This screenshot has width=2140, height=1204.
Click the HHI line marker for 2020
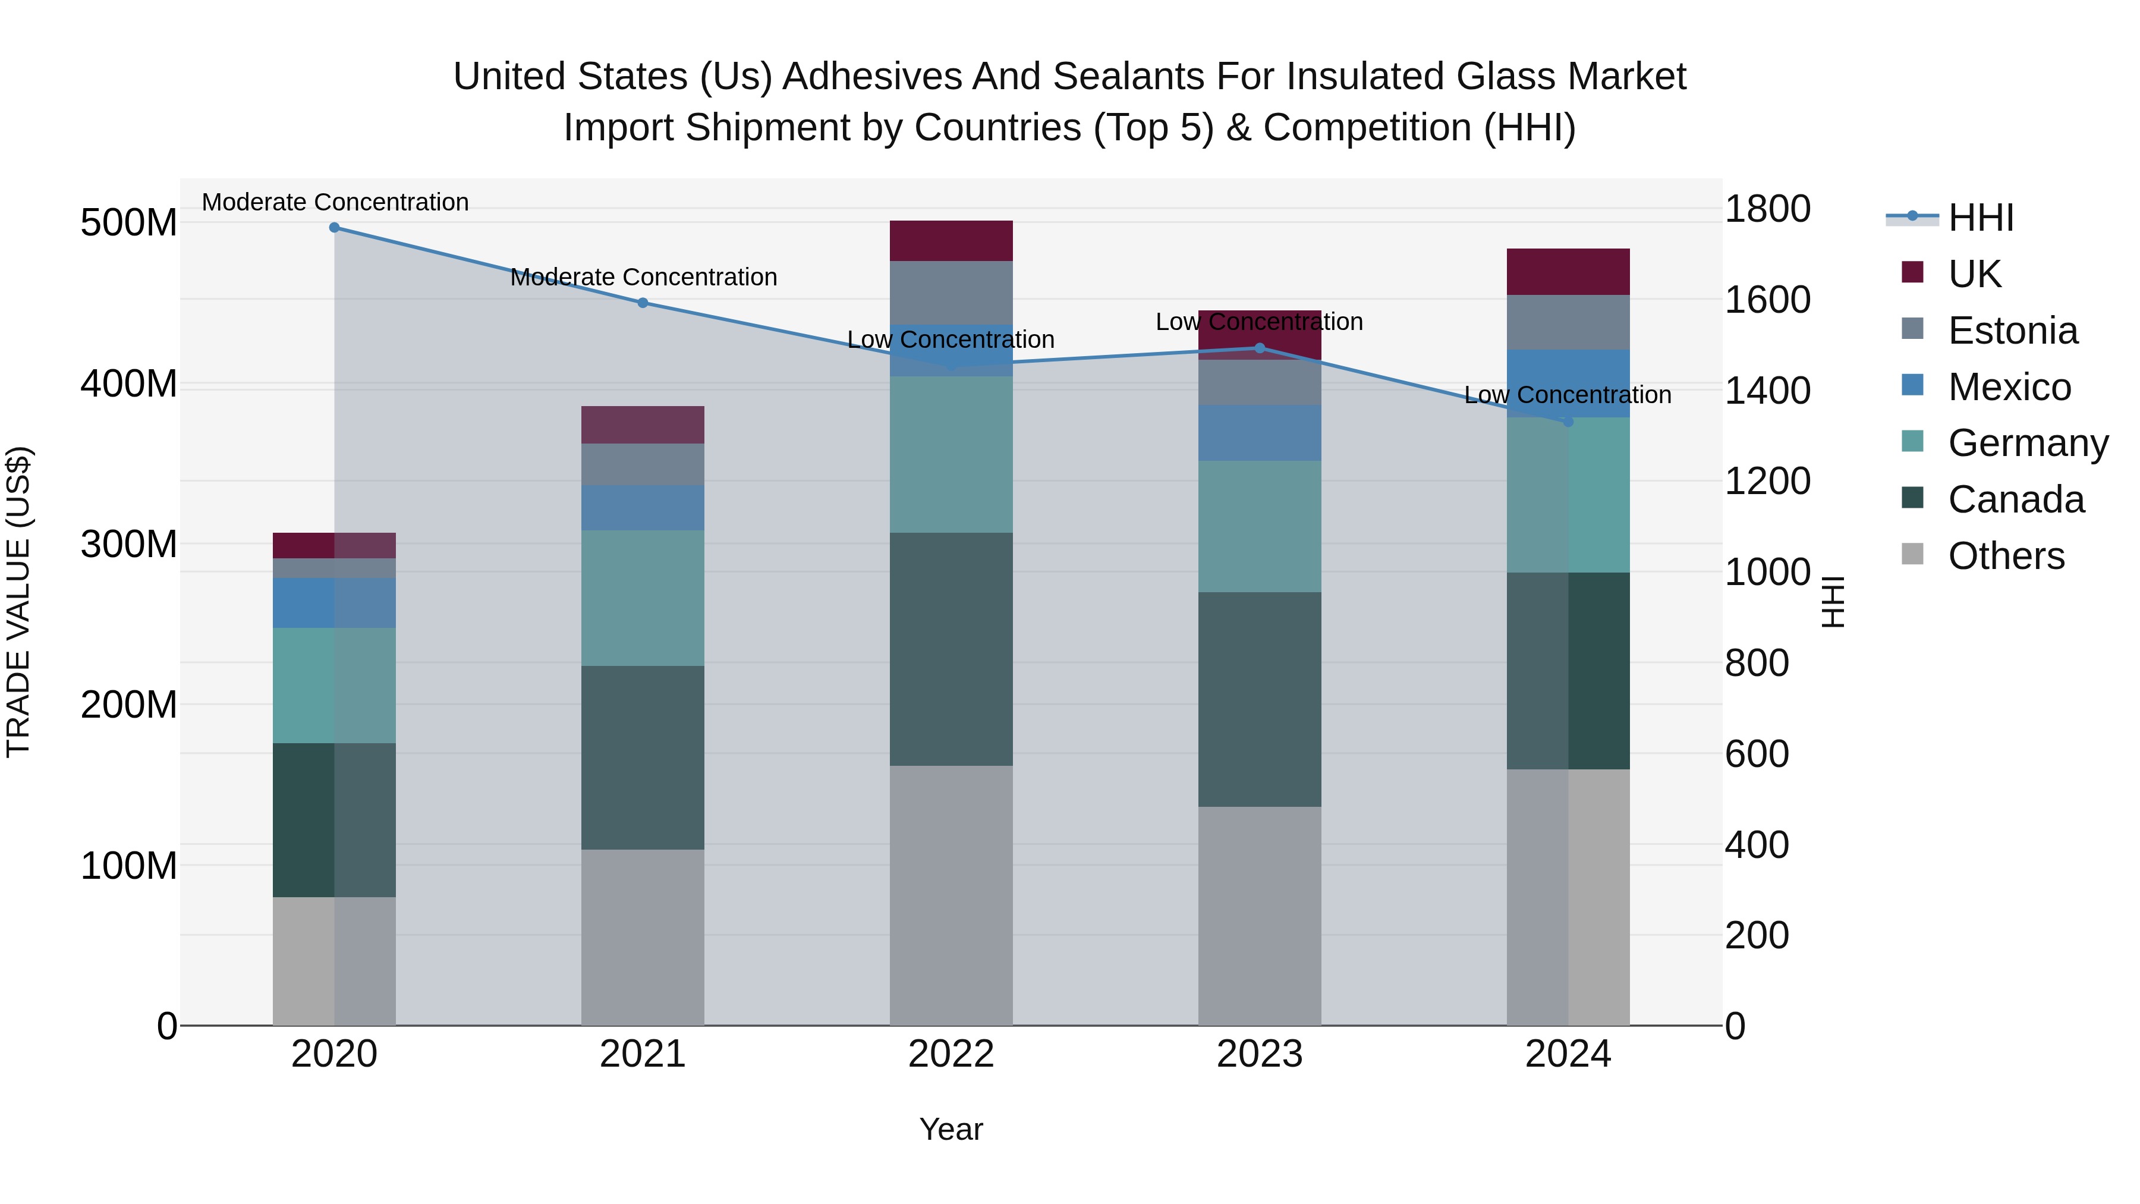click(x=334, y=228)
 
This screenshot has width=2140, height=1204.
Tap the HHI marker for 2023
click(x=1260, y=348)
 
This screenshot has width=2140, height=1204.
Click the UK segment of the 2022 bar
click(x=951, y=241)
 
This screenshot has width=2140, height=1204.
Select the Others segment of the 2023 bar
click(x=1260, y=916)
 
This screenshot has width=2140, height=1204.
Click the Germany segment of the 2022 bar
click(x=951, y=454)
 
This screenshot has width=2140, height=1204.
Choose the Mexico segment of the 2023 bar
click(x=1260, y=433)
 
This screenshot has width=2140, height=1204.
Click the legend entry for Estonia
click(x=2012, y=331)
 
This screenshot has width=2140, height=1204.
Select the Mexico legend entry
click(x=2009, y=387)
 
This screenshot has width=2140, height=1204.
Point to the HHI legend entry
click(x=1981, y=218)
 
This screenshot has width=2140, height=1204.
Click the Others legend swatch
click(x=1912, y=554)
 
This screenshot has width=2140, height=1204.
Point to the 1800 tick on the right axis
click(x=1767, y=209)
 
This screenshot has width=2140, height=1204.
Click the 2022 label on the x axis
click(x=951, y=1054)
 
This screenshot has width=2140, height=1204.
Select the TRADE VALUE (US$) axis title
click(x=18, y=602)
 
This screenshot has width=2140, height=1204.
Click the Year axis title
click(x=951, y=1129)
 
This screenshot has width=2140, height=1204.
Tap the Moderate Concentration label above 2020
click(x=335, y=203)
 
